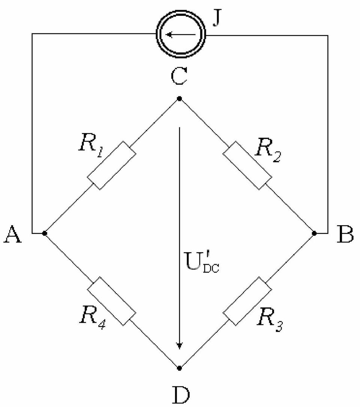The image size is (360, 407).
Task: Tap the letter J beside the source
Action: click(217, 19)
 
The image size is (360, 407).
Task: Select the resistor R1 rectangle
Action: click(111, 165)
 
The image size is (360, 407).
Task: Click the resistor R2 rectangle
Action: click(247, 165)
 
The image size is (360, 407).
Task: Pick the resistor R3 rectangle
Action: click(247, 301)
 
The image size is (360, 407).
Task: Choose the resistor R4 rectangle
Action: click(111, 301)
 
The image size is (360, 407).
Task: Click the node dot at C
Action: click(179, 99)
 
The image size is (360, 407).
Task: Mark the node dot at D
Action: click(179, 368)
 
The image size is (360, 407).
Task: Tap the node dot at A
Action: click(45, 233)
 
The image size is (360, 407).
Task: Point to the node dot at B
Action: click(314, 233)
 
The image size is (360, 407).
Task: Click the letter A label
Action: click(12, 234)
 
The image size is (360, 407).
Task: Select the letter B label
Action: click(345, 234)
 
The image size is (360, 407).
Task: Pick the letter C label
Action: click(179, 76)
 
